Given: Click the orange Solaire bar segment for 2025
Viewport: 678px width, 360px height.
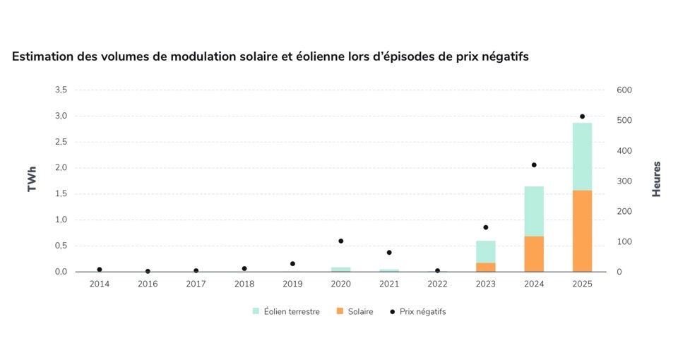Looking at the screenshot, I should pos(582,231).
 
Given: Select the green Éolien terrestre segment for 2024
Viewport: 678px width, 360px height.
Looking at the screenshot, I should pos(534,211).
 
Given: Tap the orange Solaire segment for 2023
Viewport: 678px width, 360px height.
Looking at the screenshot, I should pos(485,267).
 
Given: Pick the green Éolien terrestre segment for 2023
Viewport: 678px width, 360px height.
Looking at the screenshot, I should pos(485,251).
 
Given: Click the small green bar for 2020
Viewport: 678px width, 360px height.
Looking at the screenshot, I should pos(340,269).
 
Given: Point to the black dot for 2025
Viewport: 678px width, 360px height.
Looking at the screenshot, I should pos(582,116).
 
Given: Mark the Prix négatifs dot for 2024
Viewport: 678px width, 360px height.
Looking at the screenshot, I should pos(534,165).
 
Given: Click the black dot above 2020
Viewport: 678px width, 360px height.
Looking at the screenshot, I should pos(340,241).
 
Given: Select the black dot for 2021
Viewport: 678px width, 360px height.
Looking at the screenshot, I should pos(389,253).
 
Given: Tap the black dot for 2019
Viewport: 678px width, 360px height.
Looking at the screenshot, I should pos(292,264).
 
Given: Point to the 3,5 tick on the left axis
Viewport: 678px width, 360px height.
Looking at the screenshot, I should pos(61,90).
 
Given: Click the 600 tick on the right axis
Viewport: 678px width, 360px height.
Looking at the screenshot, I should pos(625,90).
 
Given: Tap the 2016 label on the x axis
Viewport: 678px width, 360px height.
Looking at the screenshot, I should pos(148,284).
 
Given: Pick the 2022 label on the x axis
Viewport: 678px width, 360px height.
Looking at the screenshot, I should pos(437,284).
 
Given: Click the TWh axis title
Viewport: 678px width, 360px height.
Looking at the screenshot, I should pos(32,179).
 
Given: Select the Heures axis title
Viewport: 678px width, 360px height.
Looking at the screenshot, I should pos(657,179).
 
